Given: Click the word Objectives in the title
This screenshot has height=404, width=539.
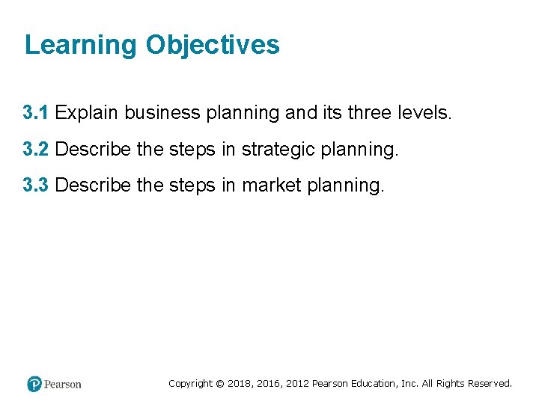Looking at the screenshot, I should click(213, 45).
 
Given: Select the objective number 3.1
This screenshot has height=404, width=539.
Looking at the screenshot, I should click(36, 113).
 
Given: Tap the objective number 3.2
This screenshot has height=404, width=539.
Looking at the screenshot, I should click(36, 149).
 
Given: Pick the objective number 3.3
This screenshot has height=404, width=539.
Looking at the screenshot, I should click(36, 184).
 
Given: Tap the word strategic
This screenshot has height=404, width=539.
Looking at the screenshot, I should click(278, 149).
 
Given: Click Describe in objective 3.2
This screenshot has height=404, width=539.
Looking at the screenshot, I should click(94, 149).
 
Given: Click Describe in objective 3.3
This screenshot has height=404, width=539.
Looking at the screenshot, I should click(94, 184).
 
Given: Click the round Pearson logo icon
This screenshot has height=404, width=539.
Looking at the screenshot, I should click(34, 384).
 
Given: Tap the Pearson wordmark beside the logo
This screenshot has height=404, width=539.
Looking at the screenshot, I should click(63, 384).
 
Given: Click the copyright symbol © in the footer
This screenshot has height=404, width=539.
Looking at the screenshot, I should click(220, 383).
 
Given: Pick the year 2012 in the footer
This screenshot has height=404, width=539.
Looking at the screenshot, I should click(296, 383).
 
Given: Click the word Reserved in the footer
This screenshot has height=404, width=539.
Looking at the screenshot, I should click(490, 383).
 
